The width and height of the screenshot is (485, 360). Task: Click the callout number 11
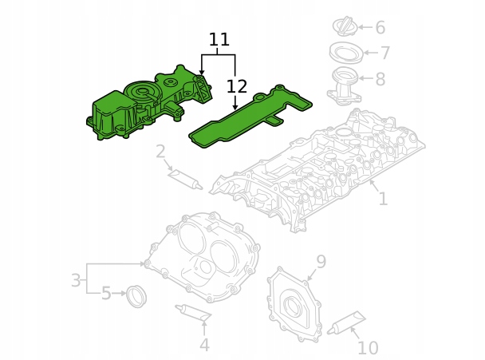point(219,40)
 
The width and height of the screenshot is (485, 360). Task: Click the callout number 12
point(237,86)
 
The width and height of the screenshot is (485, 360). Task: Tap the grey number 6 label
point(380,28)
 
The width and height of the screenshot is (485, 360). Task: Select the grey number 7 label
point(384,53)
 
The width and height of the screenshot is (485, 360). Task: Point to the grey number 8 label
point(380,79)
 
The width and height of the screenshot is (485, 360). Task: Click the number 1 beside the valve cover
point(383,198)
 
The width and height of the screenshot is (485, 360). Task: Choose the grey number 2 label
point(160,152)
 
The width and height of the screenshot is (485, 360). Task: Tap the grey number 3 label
point(76,280)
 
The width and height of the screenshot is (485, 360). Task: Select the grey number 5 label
point(106,294)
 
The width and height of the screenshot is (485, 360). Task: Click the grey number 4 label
point(204,345)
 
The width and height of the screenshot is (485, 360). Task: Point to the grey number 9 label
point(321,262)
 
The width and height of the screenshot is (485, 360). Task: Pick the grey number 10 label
point(368,347)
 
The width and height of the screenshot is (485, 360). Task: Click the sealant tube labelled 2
point(183,178)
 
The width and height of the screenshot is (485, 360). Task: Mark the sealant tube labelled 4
point(193,314)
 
